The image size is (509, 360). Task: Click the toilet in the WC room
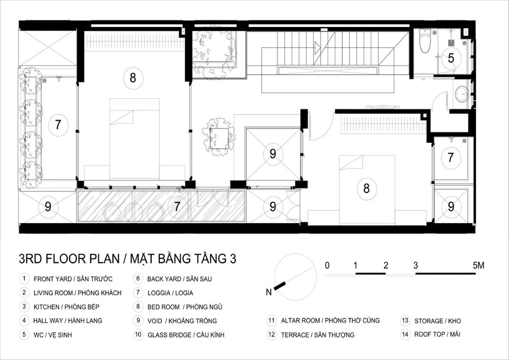point(425,41)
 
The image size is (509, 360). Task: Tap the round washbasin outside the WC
point(462,94)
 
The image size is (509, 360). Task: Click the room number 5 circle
point(451,58)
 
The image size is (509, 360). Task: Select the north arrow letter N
point(269,292)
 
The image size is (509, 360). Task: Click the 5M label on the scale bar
point(478,265)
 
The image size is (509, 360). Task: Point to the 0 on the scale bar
point(327,265)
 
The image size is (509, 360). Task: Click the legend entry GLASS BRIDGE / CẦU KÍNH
point(186,335)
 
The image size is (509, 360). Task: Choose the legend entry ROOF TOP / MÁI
point(437,334)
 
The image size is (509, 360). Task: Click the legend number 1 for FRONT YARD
point(24,279)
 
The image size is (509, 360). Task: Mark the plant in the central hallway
point(218,137)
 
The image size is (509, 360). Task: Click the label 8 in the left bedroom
point(133,78)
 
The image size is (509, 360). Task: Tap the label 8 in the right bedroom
point(366,188)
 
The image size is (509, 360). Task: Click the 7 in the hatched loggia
point(177,206)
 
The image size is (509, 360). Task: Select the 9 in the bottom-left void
point(48,206)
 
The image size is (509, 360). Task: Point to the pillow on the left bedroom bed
point(122,117)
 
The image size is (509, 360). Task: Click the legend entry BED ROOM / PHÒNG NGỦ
point(185,307)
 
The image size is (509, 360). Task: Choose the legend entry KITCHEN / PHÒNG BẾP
point(67,307)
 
